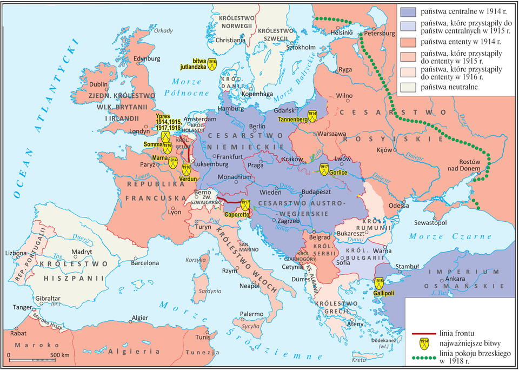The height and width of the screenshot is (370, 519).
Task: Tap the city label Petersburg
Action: pyautogui.click(x=382, y=32)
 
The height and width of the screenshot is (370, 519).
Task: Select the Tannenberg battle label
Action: pyautogui.click(x=292, y=119)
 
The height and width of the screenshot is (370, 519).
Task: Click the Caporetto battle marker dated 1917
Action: pyautogui.click(x=245, y=205)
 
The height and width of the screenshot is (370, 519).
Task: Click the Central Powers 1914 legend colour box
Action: pyautogui.click(x=410, y=11)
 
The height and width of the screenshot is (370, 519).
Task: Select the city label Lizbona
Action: pyautogui.click(x=15, y=253)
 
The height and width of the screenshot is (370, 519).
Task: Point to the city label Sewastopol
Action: pyautogui.click(x=430, y=222)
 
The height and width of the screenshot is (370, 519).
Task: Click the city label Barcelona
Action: pyautogui.click(x=145, y=263)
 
